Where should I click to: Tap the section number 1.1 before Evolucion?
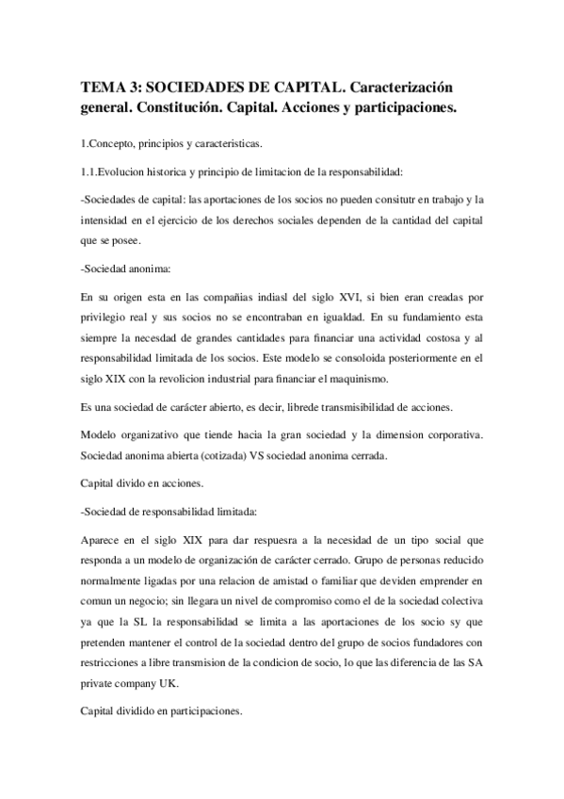[89, 171]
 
